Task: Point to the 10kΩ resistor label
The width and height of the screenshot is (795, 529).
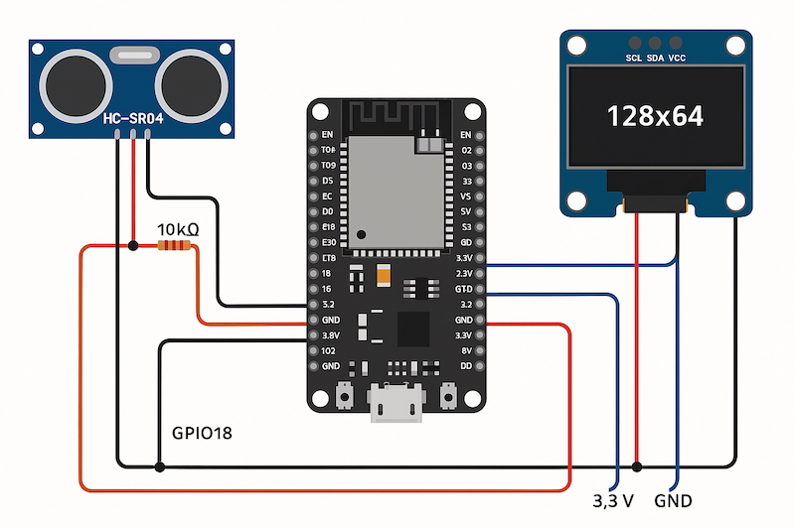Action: click(179, 229)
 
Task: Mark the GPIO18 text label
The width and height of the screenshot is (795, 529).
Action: click(203, 434)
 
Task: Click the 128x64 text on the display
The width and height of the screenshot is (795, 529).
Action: click(655, 116)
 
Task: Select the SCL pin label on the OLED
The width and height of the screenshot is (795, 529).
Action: click(634, 59)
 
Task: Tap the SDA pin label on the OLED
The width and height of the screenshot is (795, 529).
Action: click(655, 59)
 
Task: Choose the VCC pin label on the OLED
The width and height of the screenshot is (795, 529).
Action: click(677, 59)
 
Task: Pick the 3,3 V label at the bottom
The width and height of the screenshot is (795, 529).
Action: click(613, 501)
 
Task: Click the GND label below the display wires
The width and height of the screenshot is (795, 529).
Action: click(673, 501)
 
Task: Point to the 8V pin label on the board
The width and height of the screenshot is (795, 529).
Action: click(464, 350)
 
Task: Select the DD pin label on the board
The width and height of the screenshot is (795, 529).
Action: click(464, 366)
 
